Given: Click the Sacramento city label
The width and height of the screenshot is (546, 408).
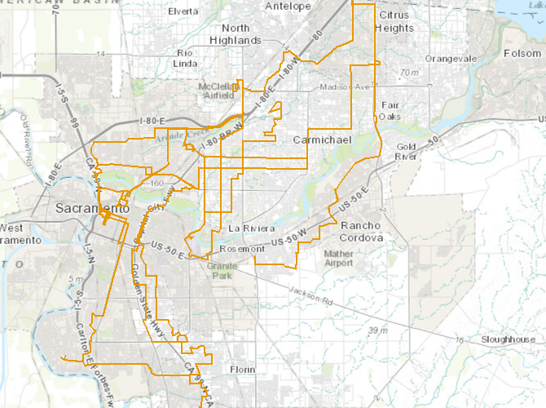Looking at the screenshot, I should pos(92,209).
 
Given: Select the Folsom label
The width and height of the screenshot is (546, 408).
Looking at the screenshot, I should pos(522,53).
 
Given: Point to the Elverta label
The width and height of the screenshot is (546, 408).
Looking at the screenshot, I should pos(183,12).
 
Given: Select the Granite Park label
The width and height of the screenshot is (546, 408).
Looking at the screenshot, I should pos(221,271).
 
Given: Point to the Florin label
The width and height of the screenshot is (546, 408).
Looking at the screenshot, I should pos(242,370).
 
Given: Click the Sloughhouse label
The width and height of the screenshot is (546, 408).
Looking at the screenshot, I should pos(509,339).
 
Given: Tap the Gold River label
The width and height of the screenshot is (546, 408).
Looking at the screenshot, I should pos(405,150).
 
